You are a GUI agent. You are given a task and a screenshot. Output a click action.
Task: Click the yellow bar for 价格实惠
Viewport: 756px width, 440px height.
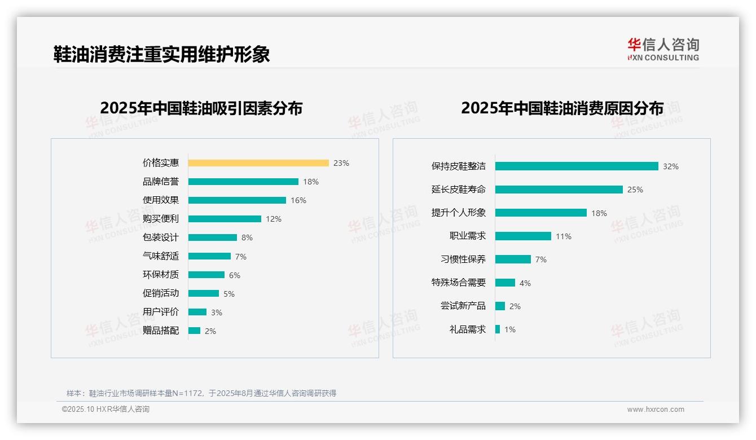click(x=258, y=163)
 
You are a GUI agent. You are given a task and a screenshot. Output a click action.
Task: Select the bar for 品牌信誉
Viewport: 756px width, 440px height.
click(x=243, y=182)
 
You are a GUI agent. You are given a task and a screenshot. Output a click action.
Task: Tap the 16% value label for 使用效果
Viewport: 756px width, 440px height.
click(x=298, y=200)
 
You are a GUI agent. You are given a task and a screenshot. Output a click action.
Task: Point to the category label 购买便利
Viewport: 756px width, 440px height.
click(x=161, y=219)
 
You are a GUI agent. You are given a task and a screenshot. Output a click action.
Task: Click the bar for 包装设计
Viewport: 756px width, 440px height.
click(x=213, y=237)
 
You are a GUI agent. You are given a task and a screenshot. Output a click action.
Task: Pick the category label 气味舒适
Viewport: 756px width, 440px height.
click(x=161, y=256)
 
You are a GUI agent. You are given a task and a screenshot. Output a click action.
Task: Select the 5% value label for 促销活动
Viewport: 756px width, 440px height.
click(x=229, y=294)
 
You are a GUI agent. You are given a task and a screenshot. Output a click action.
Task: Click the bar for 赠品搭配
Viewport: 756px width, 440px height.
click(x=195, y=331)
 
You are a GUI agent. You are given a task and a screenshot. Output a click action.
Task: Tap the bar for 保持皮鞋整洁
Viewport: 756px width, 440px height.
click(x=577, y=166)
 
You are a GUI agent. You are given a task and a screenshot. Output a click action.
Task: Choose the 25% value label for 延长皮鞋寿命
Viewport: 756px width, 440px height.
click(x=635, y=190)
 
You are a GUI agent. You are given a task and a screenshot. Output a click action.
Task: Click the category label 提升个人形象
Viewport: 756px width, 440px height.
click(x=459, y=213)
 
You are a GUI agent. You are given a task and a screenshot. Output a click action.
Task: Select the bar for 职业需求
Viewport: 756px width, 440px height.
click(x=523, y=236)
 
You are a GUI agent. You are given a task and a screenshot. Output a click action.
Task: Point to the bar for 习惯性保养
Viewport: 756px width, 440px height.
click(x=513, y=259)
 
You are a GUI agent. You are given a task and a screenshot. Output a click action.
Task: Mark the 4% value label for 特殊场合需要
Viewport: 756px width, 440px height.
click(x=525, y=283)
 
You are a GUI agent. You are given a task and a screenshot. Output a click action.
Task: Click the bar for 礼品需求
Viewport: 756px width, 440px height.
click(x=498, y=329)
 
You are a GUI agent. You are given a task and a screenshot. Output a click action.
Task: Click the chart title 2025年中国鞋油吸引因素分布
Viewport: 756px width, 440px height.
click(x=201, y=108)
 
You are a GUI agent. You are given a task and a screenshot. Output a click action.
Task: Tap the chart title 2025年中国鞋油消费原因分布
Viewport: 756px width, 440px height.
click(x=562, y=108)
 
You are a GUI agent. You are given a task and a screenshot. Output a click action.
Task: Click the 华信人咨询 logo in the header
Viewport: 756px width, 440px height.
click(x=663, y=49)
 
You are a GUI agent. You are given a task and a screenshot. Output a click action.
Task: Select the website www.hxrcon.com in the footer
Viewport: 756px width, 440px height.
click(x=656, y=410)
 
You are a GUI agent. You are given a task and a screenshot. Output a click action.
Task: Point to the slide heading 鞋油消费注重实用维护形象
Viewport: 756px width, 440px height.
click(x=162, y=54)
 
